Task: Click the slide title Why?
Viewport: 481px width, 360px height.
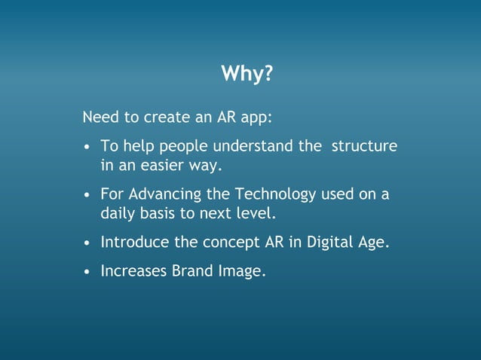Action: click(x=247, y=74)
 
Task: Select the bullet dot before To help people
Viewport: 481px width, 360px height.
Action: click(x=88, y=147)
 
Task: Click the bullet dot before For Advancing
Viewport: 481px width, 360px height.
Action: click(x=88, y=195)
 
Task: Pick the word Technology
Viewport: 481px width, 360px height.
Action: click(x=275, y=195)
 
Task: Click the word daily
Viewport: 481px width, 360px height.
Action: click(x=118, y=213)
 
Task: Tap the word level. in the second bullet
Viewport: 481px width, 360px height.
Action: click(x=257, y=212)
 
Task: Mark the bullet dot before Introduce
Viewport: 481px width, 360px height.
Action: click(x=88, y=243)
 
